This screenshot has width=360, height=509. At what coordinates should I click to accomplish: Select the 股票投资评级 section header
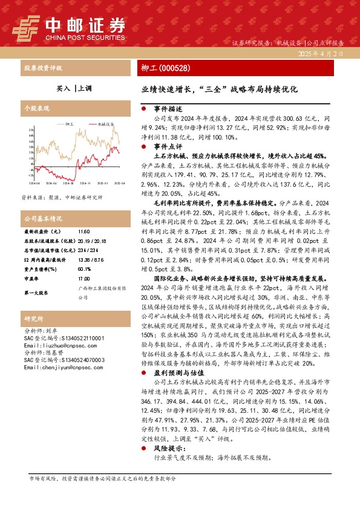[42, 68]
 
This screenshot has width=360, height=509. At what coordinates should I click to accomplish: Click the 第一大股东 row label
[35, 293]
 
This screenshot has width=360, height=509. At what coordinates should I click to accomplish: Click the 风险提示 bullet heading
[166, 449]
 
